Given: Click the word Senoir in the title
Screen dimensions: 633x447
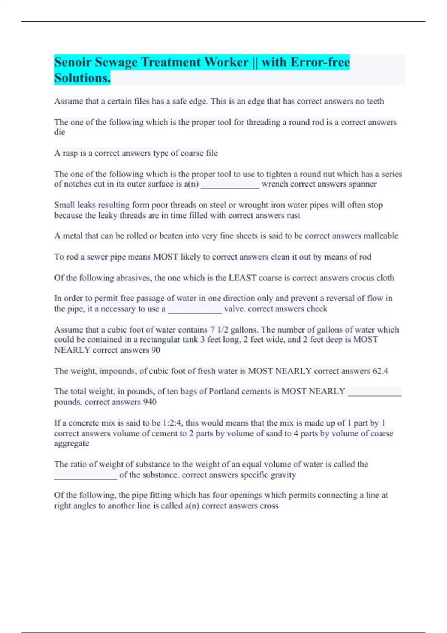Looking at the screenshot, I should pyautogui.click(x=73, y=62).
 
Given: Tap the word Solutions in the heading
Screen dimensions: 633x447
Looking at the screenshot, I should pyautogui.click(x=82, y=78).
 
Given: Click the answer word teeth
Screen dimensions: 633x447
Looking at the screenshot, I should pyautogui.click(x=375, y=101).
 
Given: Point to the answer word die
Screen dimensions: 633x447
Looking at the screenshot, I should pyautogui.click(x=60, y=132).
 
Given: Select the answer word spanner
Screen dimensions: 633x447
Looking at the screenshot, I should pyautogui.click(x=362, y=184).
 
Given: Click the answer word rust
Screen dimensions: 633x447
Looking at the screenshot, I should pyautogui.click(x=293, y=216).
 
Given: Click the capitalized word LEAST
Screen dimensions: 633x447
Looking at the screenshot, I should pyautogui.click(x=242, y=278).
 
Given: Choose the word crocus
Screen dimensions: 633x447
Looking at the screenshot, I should pyautogui.click(x=361, y=278).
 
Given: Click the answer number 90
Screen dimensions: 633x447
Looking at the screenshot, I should pyautogui.click(x=156, y=350).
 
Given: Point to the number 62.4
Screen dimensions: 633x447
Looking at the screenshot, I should pyautogui.click(x=380, y=371).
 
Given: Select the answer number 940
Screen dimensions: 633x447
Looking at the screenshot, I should pyautogui.click(x=149, y=402).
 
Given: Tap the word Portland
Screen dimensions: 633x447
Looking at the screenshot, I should pyautogui.click(x=224, y=391).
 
